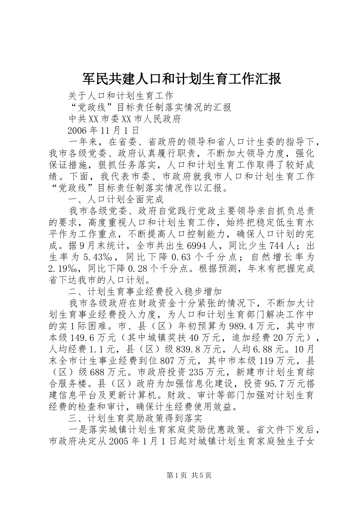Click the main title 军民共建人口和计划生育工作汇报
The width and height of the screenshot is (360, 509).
click(x=182, y=79)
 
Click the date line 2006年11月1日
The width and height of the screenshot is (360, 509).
click(x=103, y=131)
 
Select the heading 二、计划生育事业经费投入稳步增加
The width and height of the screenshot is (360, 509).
click(x=145, y=292)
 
